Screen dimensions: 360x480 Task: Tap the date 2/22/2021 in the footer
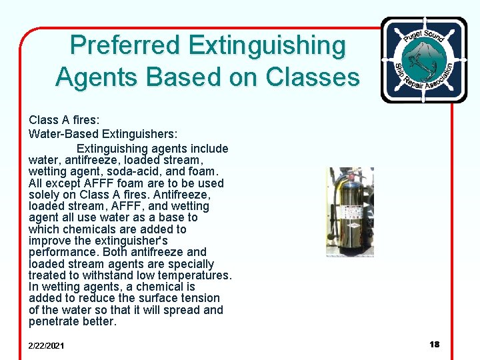coord(47,345)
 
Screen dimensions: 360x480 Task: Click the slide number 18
coord(435,344)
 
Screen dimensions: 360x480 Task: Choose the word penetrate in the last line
coord(55,321)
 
